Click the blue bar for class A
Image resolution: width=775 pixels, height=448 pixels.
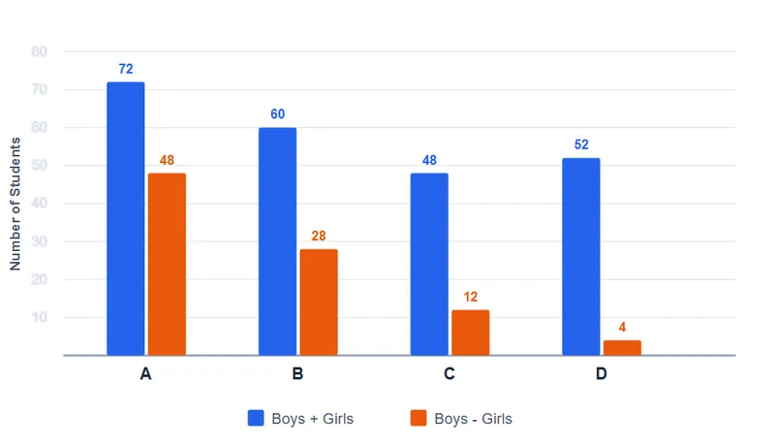126,218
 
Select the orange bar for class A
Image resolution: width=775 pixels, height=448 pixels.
167,264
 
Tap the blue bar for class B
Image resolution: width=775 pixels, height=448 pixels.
277,241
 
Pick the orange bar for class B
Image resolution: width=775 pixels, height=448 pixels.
319,303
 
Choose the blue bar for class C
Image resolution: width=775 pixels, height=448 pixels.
429,264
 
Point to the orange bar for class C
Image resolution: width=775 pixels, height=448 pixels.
471,333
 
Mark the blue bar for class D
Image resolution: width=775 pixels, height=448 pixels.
581,257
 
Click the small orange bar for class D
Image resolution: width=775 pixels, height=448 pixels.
622,347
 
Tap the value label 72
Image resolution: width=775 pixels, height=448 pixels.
126,69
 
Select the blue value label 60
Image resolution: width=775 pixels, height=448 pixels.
278,114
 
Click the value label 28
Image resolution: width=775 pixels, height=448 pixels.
319,236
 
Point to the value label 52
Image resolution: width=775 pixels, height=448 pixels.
581,144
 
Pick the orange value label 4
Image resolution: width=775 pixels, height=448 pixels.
622,328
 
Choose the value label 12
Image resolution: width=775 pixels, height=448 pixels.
471,297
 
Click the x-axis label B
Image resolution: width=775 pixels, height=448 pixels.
297,374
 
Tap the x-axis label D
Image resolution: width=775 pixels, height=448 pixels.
601,374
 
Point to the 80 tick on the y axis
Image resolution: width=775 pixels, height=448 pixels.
40,51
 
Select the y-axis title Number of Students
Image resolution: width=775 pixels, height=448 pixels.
15,204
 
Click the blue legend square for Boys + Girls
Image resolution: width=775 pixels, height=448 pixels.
256,418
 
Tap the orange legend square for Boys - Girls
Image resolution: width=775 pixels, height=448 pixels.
418,418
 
